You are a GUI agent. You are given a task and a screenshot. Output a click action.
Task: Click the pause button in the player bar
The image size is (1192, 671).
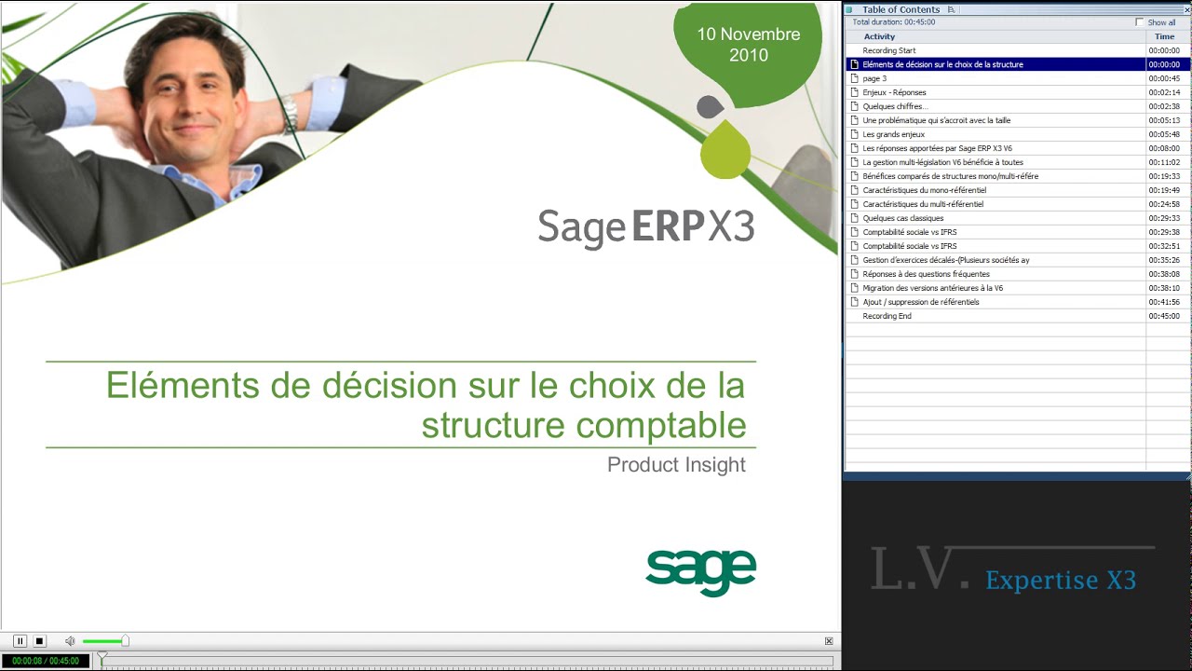[20, 641]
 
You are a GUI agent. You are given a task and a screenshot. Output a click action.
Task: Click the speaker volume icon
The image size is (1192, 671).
[70, 641]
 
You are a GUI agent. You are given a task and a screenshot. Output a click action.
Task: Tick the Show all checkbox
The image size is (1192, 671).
[1139, 22]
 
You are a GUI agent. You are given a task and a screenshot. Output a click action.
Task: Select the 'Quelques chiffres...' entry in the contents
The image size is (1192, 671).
[895, 106]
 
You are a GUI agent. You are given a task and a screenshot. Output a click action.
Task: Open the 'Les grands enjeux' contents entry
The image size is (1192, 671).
[893, 134]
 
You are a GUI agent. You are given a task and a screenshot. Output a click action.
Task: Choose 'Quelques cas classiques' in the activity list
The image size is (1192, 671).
[902, 218]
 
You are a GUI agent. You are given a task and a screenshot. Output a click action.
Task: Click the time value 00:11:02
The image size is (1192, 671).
[1164, 162]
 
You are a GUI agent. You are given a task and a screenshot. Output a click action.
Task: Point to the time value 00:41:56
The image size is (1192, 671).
[1164, 302]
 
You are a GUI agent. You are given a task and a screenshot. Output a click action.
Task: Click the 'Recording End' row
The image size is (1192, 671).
[887, 316]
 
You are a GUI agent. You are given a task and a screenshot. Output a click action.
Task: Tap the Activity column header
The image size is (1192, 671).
[879, 36]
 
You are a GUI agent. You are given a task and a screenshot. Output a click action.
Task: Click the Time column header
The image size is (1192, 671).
[1164, 36]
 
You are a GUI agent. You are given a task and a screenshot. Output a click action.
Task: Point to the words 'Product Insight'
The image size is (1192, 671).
[676, 464]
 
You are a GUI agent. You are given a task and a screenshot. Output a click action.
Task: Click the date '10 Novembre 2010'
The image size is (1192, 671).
[748, 45]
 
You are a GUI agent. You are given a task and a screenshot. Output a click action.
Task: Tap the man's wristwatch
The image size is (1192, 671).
[291, 115]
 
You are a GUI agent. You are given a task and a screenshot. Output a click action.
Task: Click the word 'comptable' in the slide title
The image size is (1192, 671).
[665, 425]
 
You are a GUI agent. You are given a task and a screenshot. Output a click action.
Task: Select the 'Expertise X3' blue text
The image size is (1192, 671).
[1061, 581]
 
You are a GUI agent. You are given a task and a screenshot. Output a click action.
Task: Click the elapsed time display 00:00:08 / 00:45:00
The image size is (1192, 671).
[46, 661]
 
